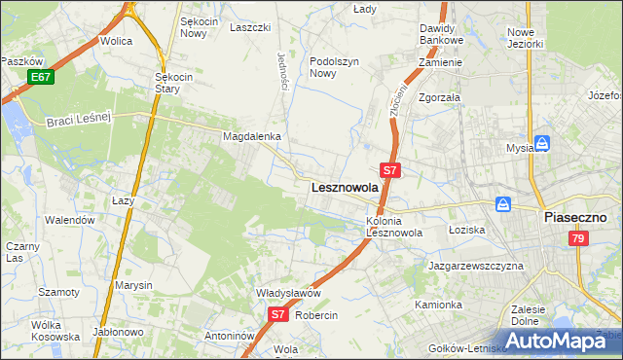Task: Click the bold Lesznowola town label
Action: point(344,188)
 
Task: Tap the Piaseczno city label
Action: point(575,217)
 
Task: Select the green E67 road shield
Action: point(40,77)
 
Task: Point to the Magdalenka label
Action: point(252,137)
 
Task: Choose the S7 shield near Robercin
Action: point(277,314)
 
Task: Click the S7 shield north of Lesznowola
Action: point(389,169)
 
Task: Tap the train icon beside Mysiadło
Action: point(542,143)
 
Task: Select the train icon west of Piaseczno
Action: point(503,204)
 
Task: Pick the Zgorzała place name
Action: point(439,98)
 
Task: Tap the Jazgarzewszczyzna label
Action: point(475,265)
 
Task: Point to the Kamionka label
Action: point(438,305)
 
